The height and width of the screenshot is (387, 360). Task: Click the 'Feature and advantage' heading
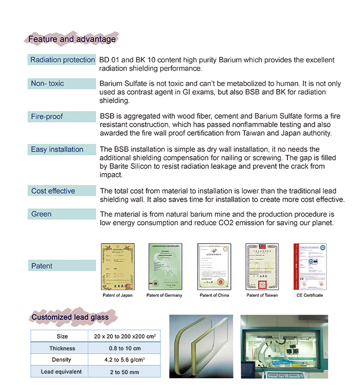point(71,39)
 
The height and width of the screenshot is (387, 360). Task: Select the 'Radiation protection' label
point(63,60)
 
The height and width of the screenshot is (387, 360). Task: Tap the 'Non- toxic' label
point(48,83)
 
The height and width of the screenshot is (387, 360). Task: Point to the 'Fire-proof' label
point(47,116)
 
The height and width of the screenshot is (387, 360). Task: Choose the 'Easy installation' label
point(57,149)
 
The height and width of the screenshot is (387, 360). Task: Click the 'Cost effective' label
point(53,191)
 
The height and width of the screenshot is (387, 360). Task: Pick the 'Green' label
point(42,214)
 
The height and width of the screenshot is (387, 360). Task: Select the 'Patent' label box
point(62,266)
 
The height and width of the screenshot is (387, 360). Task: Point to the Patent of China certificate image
point(213,266)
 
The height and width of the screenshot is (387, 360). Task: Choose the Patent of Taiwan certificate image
point(262,266)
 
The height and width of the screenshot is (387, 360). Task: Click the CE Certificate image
point(310,266)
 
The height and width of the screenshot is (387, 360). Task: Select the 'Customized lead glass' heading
point(70,317)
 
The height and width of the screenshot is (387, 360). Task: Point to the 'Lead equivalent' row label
point(62,372)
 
